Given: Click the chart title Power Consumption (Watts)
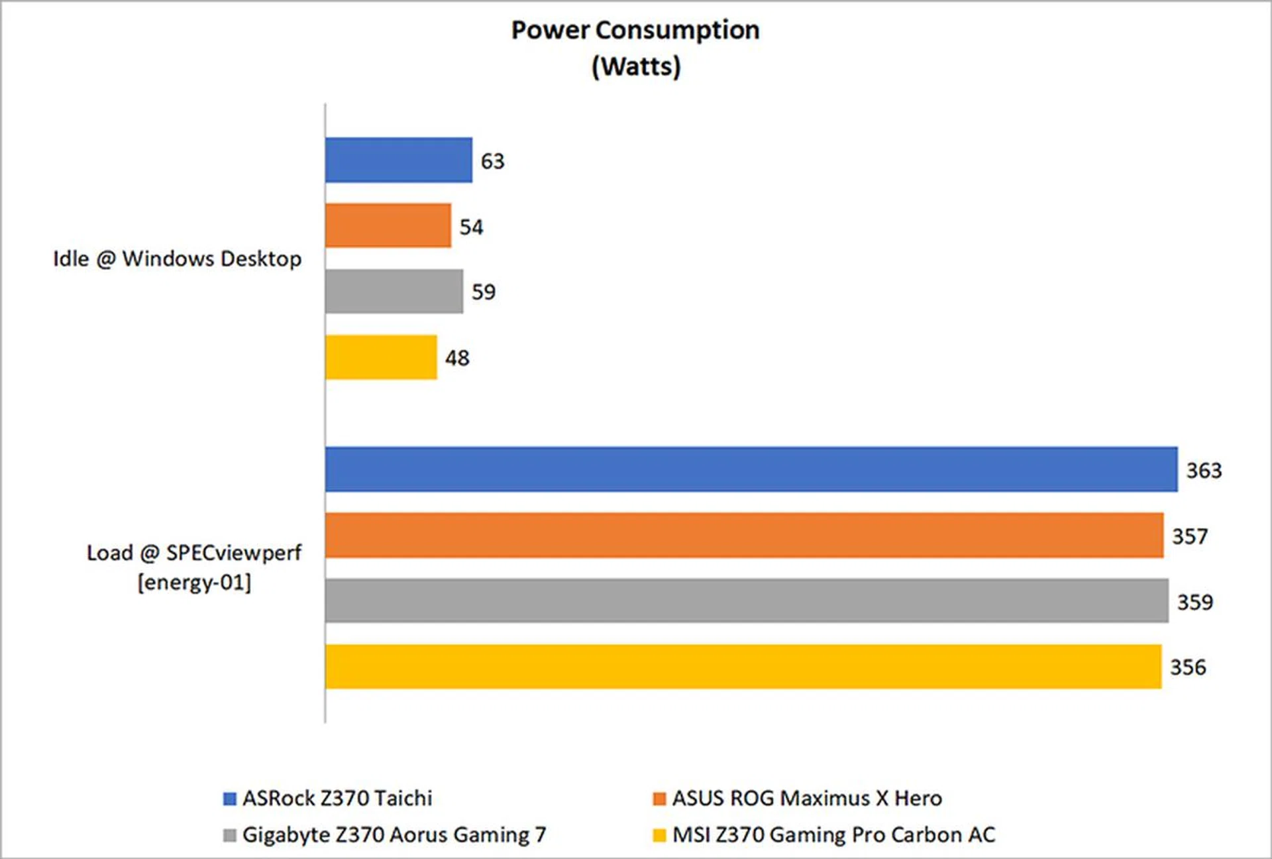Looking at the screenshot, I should (x=635, y=48).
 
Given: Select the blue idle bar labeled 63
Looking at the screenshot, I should (x=398, y=160).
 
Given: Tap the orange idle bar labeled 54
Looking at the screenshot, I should (x=388, y=225).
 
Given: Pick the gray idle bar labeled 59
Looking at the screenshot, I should (x=394, y=291).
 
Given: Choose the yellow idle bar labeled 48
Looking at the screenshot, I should (x=381, y=357).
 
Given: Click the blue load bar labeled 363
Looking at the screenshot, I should (x=751, y=469).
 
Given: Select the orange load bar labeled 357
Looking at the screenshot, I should (x=743, y=535).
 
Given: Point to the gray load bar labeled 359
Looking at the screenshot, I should (x=746, y=601).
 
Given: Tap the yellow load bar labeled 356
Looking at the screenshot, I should (x=743, y=666).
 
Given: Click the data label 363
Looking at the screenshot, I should (x=1204, y=471).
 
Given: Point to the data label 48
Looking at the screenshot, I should (x=457, y=358).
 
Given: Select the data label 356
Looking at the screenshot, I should (x=1188, y=667).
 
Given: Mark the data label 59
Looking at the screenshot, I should (x=484, y=292).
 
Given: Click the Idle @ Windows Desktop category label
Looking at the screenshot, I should (x=177, y=258).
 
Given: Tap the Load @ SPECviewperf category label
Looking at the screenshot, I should (x=194, y=567).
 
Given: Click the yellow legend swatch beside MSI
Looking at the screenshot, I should (x=659, y=835).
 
